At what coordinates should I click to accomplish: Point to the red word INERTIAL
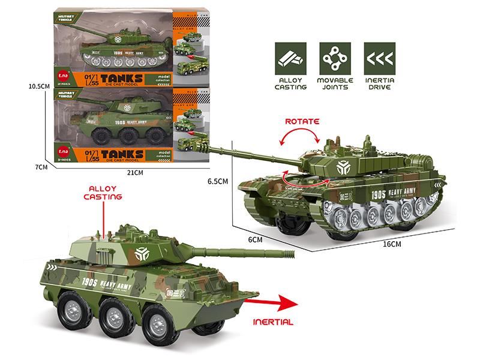coord(273,322)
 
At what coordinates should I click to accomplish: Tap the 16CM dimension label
coord(391,244)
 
